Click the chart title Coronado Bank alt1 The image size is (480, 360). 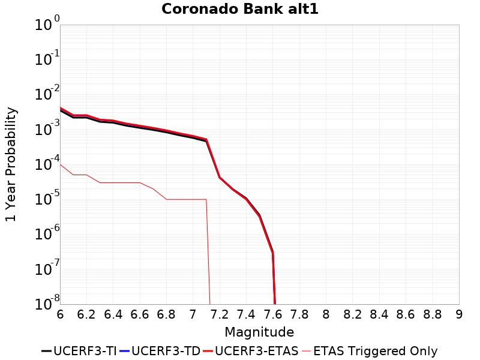(239, 10)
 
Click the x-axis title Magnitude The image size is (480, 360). (259, 332)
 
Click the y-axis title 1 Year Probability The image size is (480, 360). (11, 164)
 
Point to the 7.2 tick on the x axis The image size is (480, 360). (220, 314)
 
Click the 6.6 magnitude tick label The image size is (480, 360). (140, 314)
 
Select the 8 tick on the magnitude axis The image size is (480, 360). (326, 314)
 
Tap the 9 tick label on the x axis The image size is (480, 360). (459, 314)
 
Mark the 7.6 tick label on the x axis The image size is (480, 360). (273, 314)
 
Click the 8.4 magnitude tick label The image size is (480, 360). (379, 314)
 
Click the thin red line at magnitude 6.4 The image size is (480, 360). (113, 182)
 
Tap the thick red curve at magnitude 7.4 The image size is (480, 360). (246, 199)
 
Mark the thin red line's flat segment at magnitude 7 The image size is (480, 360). (193, 199)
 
